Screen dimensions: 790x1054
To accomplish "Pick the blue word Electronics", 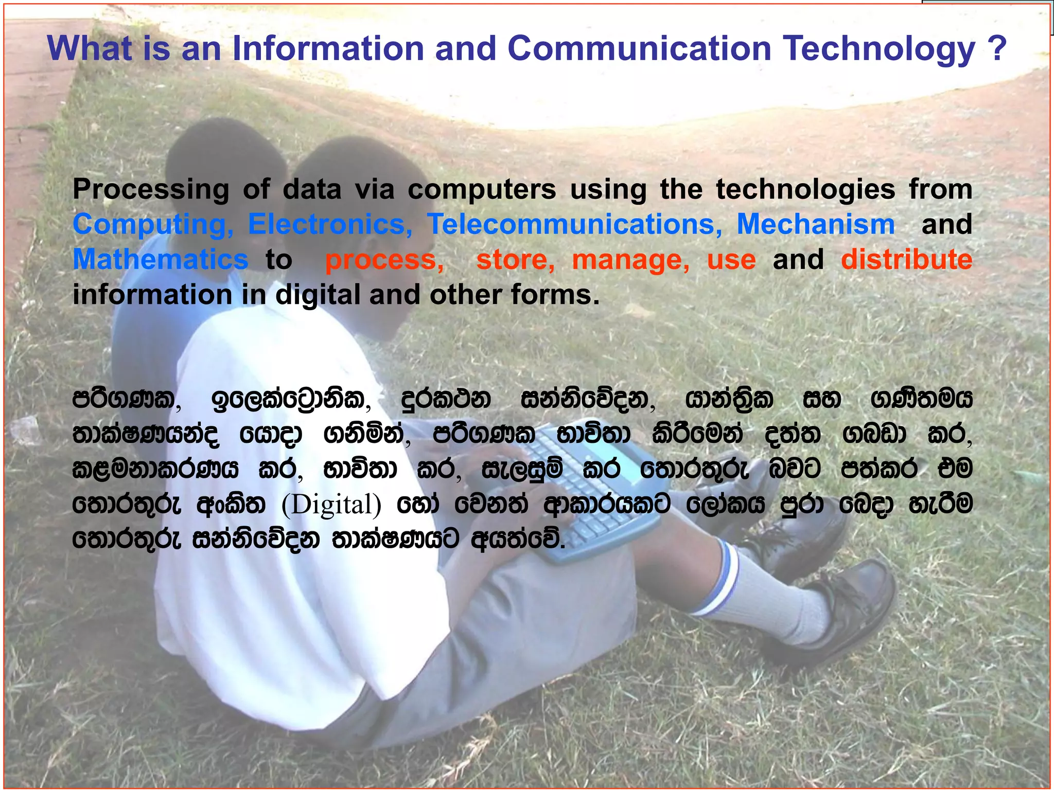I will tap(330, 225).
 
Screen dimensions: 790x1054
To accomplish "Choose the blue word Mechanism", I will tap(816, 225).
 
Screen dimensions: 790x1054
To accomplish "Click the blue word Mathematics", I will tap(160, 260).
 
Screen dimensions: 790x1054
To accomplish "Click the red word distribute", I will tap(906, 260).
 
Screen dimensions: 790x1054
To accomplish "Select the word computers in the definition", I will tap(482, 190).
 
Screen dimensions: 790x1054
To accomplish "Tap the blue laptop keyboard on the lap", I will tap(592, 494).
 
